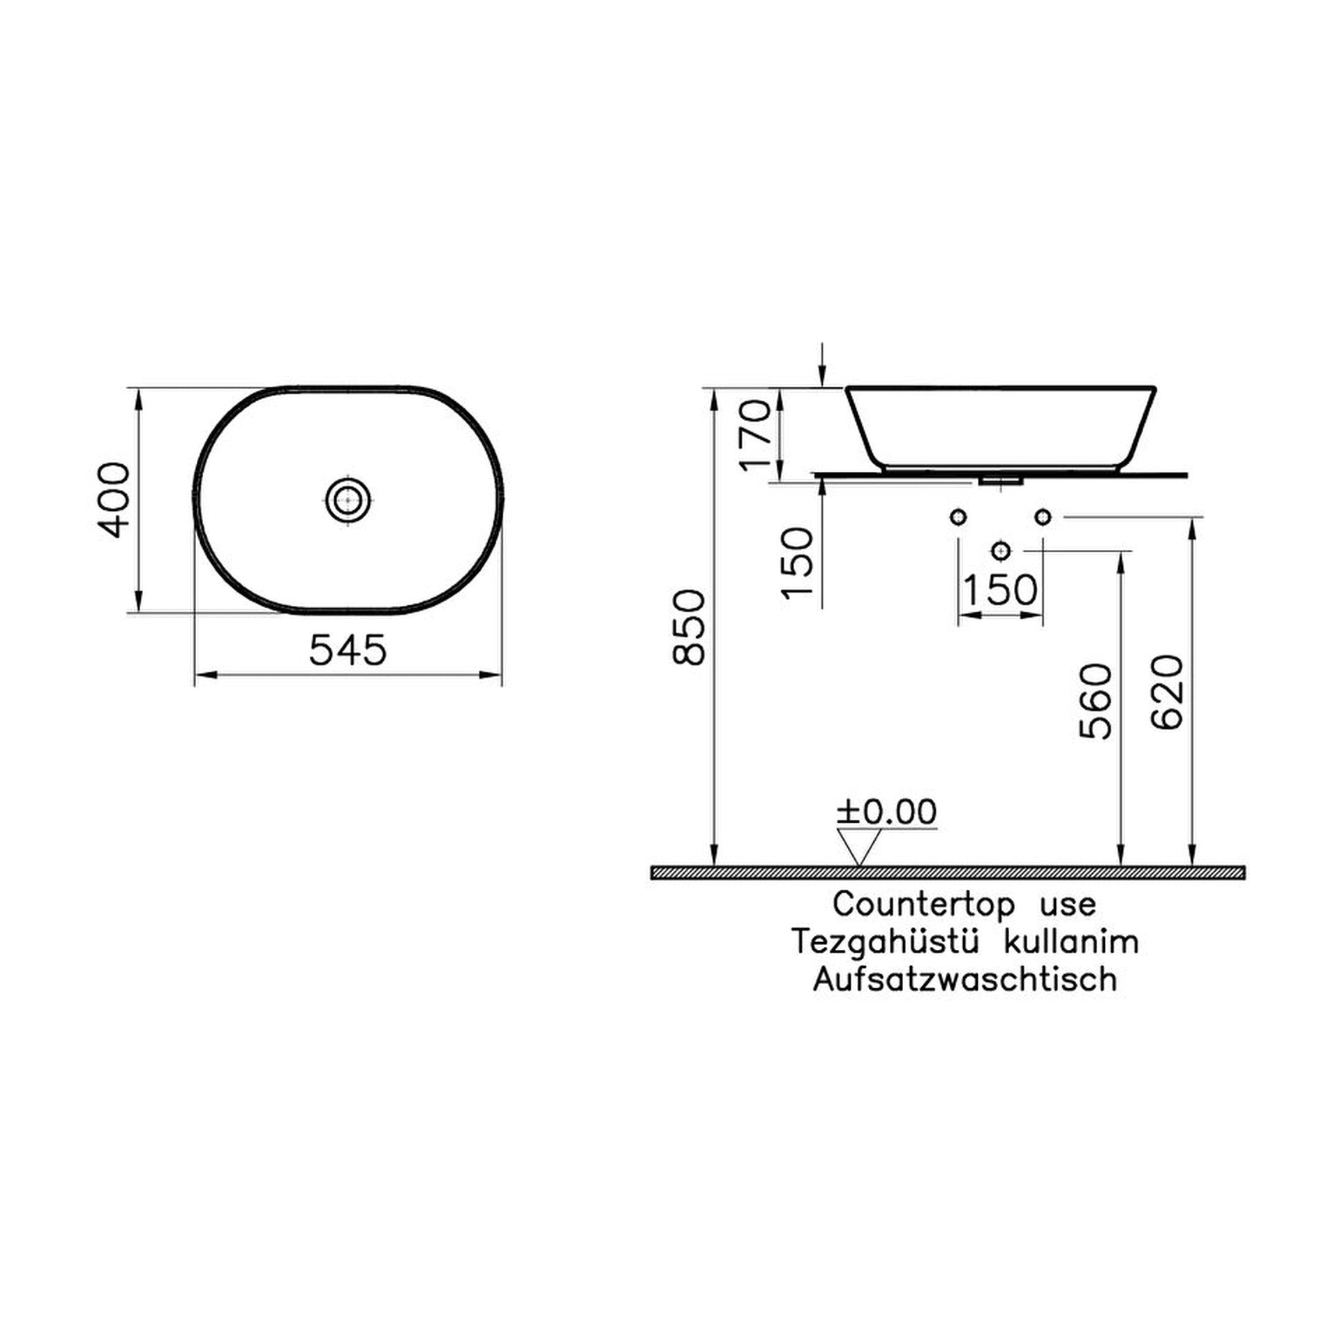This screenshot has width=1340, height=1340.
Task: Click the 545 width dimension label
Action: (x=347, y=650)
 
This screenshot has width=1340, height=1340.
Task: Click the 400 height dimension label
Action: (x=112, y=499)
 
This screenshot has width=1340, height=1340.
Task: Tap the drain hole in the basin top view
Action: (x=347, y=500)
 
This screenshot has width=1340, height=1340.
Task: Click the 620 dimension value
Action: (x=1167, y=692)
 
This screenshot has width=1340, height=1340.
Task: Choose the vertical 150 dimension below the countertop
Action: (x=798, y=562)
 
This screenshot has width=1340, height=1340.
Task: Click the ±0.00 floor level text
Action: (x=887, y=812)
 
